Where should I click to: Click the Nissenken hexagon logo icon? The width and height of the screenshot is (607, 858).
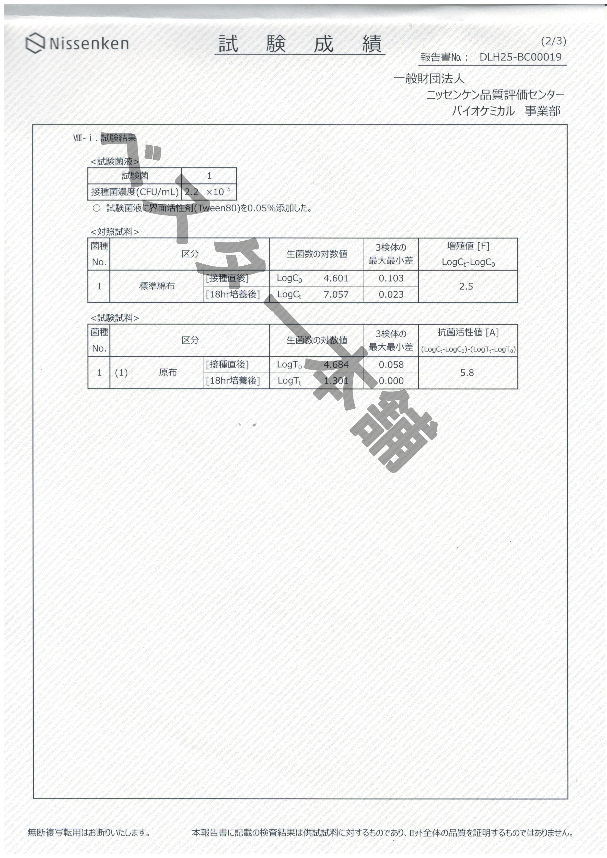click(x=35, y=43)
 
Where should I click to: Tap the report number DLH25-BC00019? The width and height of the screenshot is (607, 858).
click(x=520, y=57)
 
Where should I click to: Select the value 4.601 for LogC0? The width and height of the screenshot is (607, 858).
click(x=336, y=278)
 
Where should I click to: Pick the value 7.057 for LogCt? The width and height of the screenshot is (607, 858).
click(x=336, y=294)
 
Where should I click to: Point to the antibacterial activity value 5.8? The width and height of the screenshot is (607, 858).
click(x=467, y=373)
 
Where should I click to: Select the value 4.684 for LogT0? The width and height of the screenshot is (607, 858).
click(x=336, y=364)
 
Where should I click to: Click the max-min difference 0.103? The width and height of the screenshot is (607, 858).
click(x=391, y=278)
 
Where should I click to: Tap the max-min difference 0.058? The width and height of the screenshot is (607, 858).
click(x=391, y=364)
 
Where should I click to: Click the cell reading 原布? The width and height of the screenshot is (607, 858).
click(x=168, y=373)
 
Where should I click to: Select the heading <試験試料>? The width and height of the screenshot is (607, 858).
click(x=115, y=318)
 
